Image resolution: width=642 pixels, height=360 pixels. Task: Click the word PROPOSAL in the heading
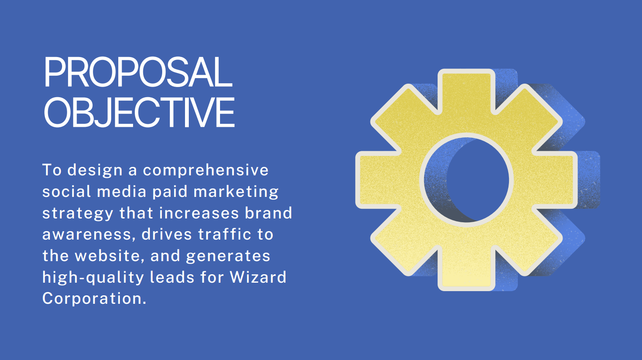click(138, 72)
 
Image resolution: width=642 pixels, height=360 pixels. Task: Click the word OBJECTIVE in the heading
click(139, 112)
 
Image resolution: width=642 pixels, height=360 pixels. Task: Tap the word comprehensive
click(206, 171)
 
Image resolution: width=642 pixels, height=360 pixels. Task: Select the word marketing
click(236, 192)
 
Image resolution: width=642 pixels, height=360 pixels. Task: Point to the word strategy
click(78, 213)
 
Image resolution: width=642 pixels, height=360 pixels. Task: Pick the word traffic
click(225, 234)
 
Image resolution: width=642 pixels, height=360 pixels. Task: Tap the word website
click(110, 256)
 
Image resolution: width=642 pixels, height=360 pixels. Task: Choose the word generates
click(228, 256)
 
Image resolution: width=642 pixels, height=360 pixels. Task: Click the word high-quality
click(93, 278)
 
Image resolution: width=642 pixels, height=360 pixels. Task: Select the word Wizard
click(258, 277)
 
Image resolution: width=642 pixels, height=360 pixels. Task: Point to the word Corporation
click(94, 299)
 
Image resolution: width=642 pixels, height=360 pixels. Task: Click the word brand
click(268, 213)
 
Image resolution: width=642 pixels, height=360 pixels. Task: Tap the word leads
click(172, 277)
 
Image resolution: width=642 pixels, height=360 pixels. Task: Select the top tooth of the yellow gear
click(466, 92)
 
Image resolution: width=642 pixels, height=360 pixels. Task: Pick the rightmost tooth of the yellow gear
click(555, 180)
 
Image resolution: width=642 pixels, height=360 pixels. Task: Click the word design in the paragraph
click(95, 171)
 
